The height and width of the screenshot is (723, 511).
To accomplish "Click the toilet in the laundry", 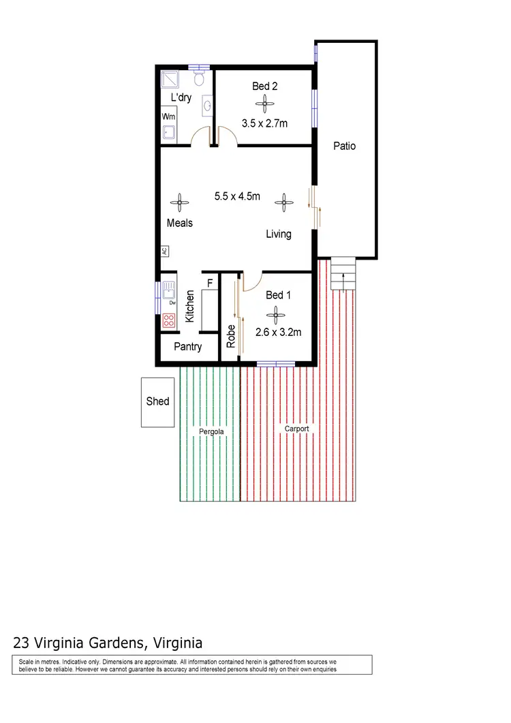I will click(x=200, y=80).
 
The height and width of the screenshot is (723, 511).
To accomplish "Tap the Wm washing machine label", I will click(x=168, y=117).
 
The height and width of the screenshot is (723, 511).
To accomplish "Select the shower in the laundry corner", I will click(x=169, y=80).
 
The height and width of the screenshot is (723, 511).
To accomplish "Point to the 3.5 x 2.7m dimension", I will click(x=264, y=123).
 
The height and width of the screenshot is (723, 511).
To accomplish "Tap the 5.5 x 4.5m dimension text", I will click(x=237, y=196).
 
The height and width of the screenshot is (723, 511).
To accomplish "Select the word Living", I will click(x=279, y=234).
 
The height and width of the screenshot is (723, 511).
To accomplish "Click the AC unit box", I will click(x=165, y=251).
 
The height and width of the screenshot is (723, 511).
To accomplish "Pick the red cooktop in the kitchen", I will click(x=169, y=321).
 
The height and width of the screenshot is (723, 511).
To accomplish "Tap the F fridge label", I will click(x=210, y=282).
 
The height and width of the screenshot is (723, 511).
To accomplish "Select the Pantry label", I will click(x=187, y=346).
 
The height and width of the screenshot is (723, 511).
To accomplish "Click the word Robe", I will click(x=231, y=336).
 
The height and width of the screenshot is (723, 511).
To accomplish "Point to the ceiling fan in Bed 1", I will click(x=277, y=314).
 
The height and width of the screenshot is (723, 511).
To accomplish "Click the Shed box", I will click(x=157, y=402).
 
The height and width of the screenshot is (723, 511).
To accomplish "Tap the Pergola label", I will click(x=211, y=432).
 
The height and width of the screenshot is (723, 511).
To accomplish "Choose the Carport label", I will click(x=297, y=429).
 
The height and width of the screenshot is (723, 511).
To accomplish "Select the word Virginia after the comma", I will click(x=179, y=642).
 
